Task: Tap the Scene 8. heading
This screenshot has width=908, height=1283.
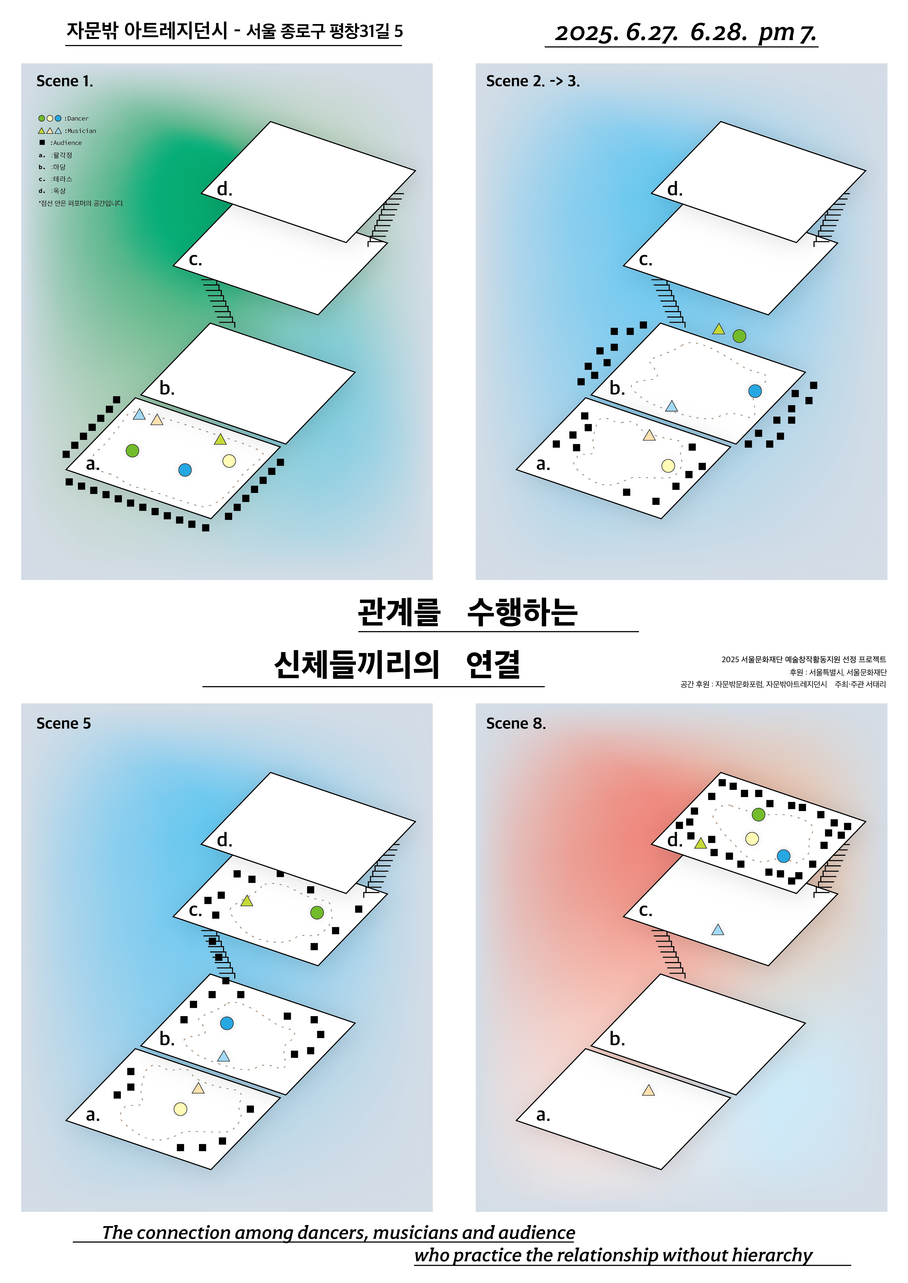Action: [516, 724]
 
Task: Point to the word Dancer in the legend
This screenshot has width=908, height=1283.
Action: [78, 118]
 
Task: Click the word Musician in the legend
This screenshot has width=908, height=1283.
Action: [82, 131]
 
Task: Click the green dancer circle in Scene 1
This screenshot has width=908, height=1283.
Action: [133, 451]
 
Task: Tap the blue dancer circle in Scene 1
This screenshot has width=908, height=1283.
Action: [185, 470]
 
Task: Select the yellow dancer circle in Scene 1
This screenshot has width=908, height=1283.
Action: [229, 461]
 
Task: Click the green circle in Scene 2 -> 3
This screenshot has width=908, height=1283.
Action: [739, 336]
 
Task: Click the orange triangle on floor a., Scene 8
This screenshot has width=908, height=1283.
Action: [649, 1090]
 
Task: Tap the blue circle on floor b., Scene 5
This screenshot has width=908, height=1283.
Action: [227, 1023]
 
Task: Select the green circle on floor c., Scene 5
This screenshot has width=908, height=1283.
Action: [317, 912]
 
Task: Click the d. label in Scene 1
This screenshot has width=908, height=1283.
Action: [224, 189]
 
